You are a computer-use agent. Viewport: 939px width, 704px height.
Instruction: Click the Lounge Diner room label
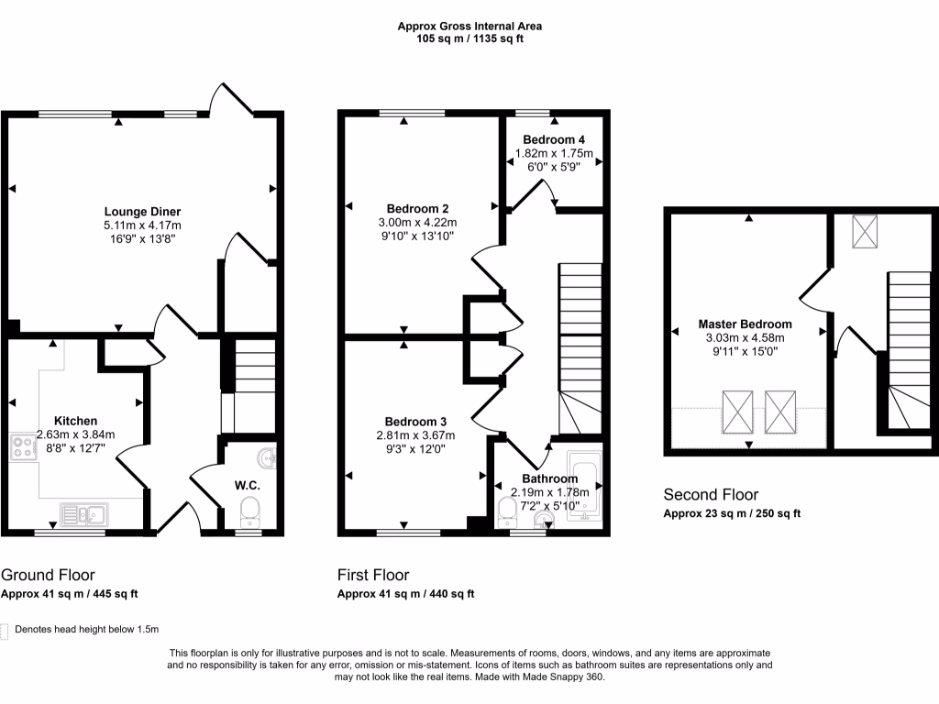(x=142, y=211)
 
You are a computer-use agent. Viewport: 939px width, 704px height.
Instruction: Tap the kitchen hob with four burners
(x=22, y=447)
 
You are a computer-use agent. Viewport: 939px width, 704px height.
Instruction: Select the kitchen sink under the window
(x=83, y=514)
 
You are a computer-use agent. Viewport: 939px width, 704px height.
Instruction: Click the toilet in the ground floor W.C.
(x=249, y=509)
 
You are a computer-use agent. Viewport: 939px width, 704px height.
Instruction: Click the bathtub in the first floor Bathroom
(x=583, y=486)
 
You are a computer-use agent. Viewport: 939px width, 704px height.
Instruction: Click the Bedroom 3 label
(x=416, y=421)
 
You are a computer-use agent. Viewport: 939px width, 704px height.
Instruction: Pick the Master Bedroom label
(x=745, y=324)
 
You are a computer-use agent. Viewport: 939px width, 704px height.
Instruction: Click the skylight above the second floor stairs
(x=865, y=231)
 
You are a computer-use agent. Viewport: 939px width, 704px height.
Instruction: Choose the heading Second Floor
(x=711, y=495)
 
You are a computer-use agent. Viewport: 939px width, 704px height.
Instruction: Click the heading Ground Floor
(x=48, y=576)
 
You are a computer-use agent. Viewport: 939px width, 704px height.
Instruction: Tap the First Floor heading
(x=373, y=576)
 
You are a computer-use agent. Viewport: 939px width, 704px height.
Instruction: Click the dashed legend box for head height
(x=6, y=631)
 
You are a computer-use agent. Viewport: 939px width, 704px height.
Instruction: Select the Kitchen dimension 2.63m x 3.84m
(x=76, y=434)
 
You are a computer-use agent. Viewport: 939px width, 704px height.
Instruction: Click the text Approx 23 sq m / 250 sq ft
(x=732, y=514)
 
